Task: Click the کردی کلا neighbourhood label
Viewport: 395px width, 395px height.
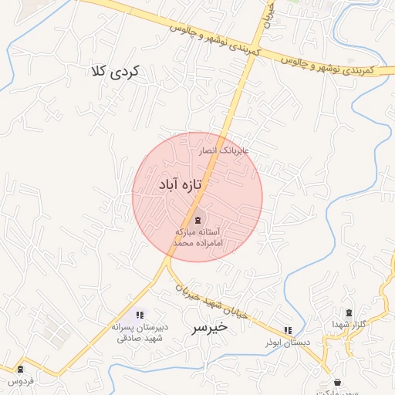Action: tap(114, 73)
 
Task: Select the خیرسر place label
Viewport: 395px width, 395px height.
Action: tap(209, 327)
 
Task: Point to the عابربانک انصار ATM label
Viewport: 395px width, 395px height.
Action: tap(224, 151)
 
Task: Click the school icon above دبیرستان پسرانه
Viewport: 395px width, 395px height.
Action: tap(140, 315)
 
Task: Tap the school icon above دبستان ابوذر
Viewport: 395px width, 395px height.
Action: tap(288, 330)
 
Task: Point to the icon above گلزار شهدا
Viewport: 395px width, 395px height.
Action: tap(349, 312)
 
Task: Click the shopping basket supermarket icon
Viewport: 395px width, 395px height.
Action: tap(337, 382)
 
